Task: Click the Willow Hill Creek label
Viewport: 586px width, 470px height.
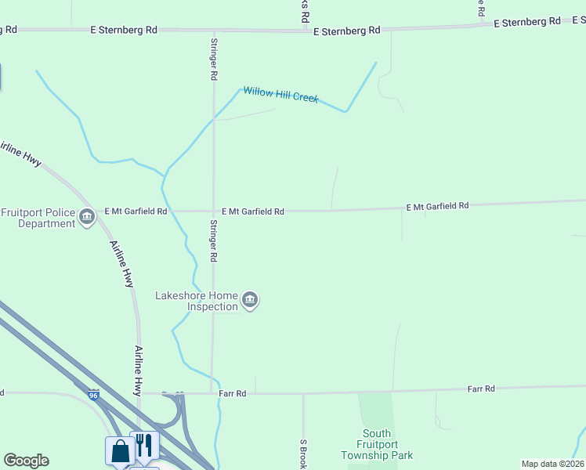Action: [x=280, y=95]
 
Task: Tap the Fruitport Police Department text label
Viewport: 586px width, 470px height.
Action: [x=37, y=218]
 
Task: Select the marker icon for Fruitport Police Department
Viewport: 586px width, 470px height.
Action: [x=87, y=218]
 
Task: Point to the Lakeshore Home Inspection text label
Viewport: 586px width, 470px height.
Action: [x=196, y=301]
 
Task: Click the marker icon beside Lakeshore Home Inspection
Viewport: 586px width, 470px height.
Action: [x=250, y=300]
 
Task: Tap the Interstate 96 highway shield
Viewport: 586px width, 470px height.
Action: [x=94, y=395]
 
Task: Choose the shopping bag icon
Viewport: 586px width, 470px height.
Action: [x=120, y=450]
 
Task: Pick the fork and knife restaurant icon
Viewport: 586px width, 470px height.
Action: [x=144, y=445]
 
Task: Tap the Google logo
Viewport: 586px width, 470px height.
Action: [x=26, y=461]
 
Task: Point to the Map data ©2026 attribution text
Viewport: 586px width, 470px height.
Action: [x=552, y=464]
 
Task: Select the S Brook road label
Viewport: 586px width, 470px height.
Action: [x=302, y=453]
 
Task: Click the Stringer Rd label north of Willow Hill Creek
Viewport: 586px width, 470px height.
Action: [x=213, y=59]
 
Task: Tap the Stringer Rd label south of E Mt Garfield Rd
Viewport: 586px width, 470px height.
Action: [x=213, y=240]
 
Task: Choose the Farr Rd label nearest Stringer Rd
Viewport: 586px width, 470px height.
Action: [x=233, y=393]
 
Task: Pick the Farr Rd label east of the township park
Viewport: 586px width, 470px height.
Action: [x=480, y=389]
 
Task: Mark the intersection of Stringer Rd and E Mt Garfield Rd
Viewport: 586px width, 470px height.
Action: [x=213, y=211]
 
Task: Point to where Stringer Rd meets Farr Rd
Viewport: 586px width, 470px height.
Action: [x=212, y=393]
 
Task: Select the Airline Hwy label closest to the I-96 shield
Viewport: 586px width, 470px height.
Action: [x=138, y=370]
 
